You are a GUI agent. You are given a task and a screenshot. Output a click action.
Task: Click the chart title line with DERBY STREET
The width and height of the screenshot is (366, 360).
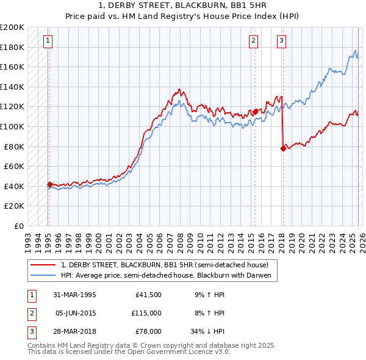point(182,5)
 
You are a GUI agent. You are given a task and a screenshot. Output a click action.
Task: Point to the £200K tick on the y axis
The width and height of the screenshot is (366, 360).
point(12,27)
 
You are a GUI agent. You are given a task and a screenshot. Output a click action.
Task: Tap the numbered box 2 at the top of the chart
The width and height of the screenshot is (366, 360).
point(253,41)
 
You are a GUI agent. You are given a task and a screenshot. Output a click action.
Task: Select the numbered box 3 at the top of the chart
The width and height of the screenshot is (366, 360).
point(281,41)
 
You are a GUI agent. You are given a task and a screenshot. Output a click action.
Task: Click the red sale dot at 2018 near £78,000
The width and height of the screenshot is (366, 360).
point(283,148)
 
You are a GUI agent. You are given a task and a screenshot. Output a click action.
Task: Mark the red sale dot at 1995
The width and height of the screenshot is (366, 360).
point(49,184)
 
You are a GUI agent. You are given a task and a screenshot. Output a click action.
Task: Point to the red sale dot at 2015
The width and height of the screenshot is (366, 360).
point(255,112)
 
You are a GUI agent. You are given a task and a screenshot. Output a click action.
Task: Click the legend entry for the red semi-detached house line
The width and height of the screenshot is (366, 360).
point(168,265)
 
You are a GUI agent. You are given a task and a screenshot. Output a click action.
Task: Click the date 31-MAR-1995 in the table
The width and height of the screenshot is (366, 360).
point(75,295)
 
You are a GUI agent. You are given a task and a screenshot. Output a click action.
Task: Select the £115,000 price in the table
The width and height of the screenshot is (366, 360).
point(146,313)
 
